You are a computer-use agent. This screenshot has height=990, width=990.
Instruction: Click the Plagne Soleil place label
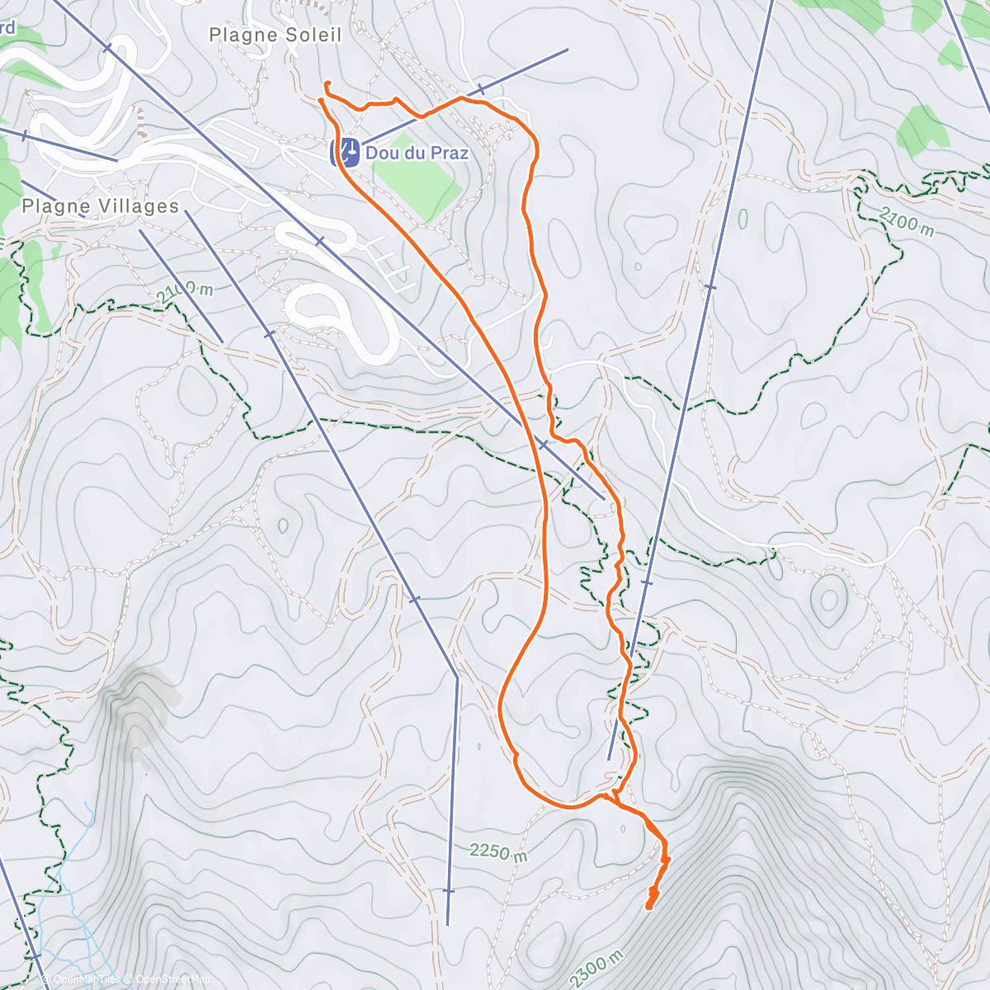tap(275, 35)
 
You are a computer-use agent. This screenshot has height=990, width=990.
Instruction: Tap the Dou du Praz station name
tap(417, 153)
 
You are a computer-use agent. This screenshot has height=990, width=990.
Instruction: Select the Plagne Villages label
tap(101, 206)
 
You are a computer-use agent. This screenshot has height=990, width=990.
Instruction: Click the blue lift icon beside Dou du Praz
tap(346, 152)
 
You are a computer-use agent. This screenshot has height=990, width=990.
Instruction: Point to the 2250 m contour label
tap(499, 852)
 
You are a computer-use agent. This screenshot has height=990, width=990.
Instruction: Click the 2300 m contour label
tap(596, 969)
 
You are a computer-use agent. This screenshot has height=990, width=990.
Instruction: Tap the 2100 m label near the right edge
tap(906, 221)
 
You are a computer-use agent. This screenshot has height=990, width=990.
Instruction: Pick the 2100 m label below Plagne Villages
tap(185, 290)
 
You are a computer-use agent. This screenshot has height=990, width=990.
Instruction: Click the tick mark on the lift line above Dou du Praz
tap(480, 89)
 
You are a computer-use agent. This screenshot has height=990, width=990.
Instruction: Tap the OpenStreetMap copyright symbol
tap(129, 979)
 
